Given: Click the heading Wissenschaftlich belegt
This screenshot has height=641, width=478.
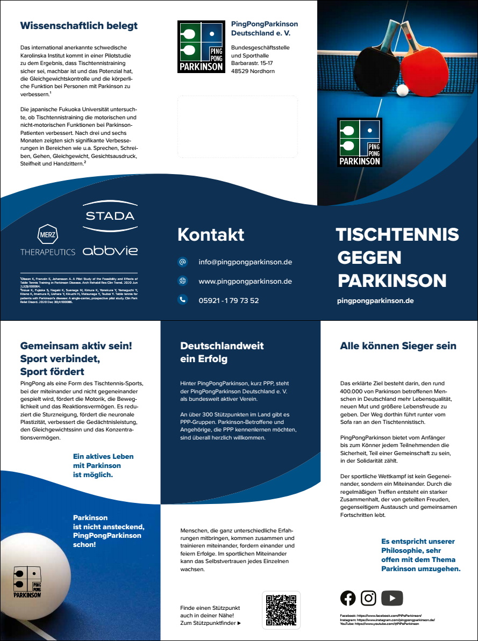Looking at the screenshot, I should (79, 25).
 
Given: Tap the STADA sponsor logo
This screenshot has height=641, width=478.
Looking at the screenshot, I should (110, 216).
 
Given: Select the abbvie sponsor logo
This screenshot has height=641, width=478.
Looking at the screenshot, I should (110, 250).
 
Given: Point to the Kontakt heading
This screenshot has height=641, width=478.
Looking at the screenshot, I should (211, 234).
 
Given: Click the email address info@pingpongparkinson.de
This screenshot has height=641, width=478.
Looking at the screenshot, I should (245, 262).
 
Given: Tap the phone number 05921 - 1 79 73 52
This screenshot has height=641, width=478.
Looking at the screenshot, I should (229, 300).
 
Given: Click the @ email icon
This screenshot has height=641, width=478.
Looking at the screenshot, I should (182, 262).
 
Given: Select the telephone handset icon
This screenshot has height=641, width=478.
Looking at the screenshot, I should (182, 300).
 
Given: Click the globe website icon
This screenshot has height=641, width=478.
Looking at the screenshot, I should (182, 281).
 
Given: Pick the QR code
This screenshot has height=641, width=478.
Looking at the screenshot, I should (281, 610).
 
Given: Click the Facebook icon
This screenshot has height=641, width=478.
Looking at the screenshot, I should (348, 598).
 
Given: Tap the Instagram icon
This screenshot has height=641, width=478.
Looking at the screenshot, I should (368, 598).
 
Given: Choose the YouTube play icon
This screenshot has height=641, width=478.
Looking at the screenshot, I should (392, 598).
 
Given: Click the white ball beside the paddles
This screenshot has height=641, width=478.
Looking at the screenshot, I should (402, 90).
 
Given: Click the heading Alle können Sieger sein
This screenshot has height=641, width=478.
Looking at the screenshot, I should (398, 346).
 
